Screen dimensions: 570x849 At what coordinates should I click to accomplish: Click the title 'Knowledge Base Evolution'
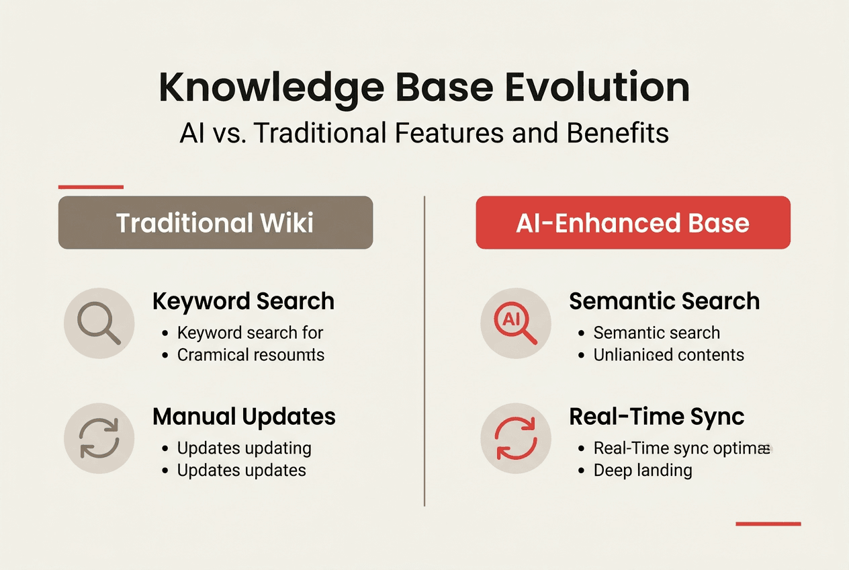[x=424, y=87]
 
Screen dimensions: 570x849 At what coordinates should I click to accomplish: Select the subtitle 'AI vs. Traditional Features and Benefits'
[x=424, y=133]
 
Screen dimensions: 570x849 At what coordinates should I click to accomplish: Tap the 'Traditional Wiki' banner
[x=215, y=222]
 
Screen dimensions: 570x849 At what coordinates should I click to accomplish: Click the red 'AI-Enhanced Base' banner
[x=633, y=222]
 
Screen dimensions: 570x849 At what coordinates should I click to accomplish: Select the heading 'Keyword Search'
[x=243, y=301]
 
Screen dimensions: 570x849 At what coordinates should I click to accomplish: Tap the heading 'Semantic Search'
[x=664, y=301]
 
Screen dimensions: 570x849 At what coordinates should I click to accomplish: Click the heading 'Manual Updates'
[x=244, y=417]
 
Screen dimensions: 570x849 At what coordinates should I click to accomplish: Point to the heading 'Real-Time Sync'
[x=656, y=417]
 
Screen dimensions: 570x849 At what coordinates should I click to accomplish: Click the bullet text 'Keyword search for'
[x=250, y=333]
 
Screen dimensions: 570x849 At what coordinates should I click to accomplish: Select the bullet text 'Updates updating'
[x=244, y=448]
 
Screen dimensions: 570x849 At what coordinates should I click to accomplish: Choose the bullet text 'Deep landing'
[x=642, y=471]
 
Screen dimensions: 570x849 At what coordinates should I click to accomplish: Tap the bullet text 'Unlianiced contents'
[x=668, y=355]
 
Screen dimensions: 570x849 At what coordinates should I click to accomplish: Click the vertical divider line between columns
[x=424, y=350]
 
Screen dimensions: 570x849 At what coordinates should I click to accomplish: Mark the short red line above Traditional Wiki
[x=91, y=187]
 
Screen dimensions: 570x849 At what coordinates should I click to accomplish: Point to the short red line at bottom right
[x=768, y=523]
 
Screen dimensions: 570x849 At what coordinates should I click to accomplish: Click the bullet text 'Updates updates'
[x=241, y=471]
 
